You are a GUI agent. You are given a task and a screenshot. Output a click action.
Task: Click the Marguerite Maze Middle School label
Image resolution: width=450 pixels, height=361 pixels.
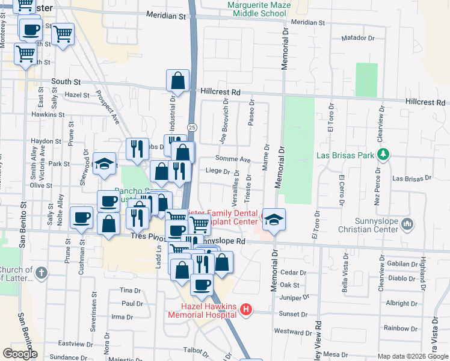pyautogui.click(x=257, y=9)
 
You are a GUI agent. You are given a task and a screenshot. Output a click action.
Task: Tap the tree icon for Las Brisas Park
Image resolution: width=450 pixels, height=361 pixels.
pyautogui.click(x=383, y=155)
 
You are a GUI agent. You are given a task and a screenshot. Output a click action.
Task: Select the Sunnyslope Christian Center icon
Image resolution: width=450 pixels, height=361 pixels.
pyautogui.click(x=408, y=224)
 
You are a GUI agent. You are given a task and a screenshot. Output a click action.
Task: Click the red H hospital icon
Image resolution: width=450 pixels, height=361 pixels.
pyautogui.click(x=245, y=310)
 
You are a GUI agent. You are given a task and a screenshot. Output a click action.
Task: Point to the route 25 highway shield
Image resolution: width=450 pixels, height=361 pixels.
pyautogui.click(x=191, y=127)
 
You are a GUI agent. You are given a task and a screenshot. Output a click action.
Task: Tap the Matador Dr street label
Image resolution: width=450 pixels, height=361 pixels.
pyautogui.click(x=358, y=38)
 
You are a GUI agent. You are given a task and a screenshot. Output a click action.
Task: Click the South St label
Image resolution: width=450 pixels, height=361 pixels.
pyautogui.click(x=66, y=81)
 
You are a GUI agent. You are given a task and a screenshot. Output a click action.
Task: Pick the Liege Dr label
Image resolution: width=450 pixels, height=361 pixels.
pyautogui.click(x=218, y=171)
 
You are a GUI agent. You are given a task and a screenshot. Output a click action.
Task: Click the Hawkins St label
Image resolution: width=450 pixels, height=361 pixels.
pyautogui.click(x=48, y=114)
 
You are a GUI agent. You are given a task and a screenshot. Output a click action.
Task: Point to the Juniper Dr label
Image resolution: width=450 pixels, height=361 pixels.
pyautogui.click(x=294, y=297)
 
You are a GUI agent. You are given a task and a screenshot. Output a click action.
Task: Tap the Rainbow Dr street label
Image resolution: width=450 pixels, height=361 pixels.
pyautogui.click(x=396, y=328)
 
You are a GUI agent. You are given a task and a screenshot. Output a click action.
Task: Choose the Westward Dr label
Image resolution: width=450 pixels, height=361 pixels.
pyautogui.click(x=293, y=332)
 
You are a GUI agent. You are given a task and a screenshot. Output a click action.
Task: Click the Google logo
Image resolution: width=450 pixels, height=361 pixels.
pyautogui.click(x=20, y=354)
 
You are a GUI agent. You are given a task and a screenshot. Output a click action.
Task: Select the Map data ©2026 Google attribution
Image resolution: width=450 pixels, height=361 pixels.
pyautogui.click(x=413, y=356)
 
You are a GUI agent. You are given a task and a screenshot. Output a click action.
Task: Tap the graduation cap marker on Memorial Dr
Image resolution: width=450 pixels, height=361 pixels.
pyautogui.click(x=273, y=220)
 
